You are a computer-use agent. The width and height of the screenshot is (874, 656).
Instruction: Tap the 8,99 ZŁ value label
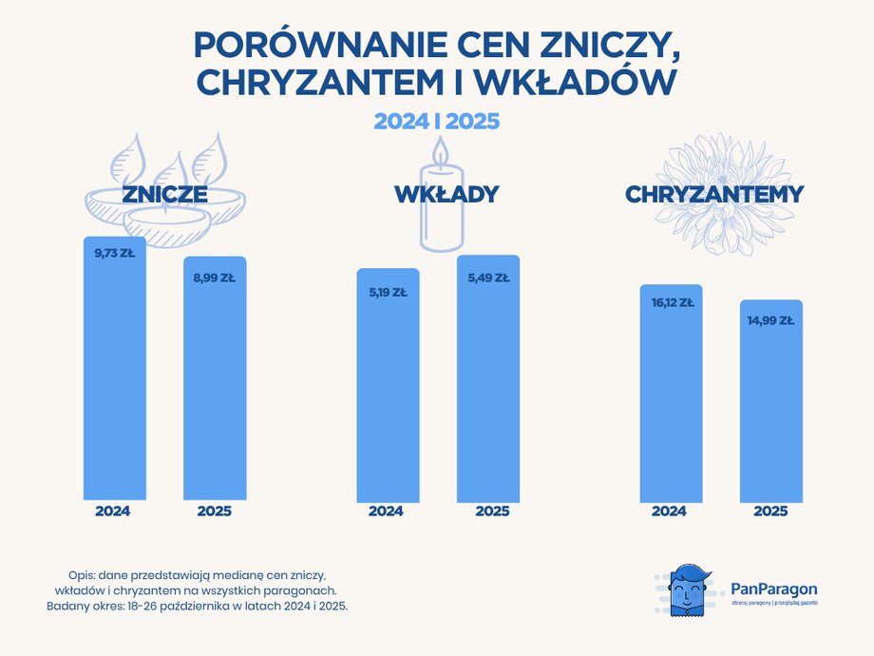(x=214, y=278)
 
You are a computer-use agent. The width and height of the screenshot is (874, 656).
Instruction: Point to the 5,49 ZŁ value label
(x=488, y=279)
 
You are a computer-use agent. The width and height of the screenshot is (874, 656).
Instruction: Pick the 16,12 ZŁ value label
(x=671, y=303)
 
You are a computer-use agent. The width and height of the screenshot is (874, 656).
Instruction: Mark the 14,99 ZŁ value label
(x=770, y=320)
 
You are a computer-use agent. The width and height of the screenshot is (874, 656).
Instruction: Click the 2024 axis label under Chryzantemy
(x=669, y=511)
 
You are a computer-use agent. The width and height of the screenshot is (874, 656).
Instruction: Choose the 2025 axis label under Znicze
(x=214, y=511)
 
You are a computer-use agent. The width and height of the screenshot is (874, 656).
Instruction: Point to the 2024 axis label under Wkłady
(x=386, y=511)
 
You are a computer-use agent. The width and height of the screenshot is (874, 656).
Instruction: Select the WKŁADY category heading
(x=446, y=195)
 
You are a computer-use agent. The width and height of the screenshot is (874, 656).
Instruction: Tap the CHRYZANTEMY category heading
(x=714, y=195)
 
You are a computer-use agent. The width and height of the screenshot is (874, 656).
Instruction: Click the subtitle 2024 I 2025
(x=437, y=122)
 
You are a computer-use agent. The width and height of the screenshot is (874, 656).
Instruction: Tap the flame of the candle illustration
(x=439, y=152)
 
